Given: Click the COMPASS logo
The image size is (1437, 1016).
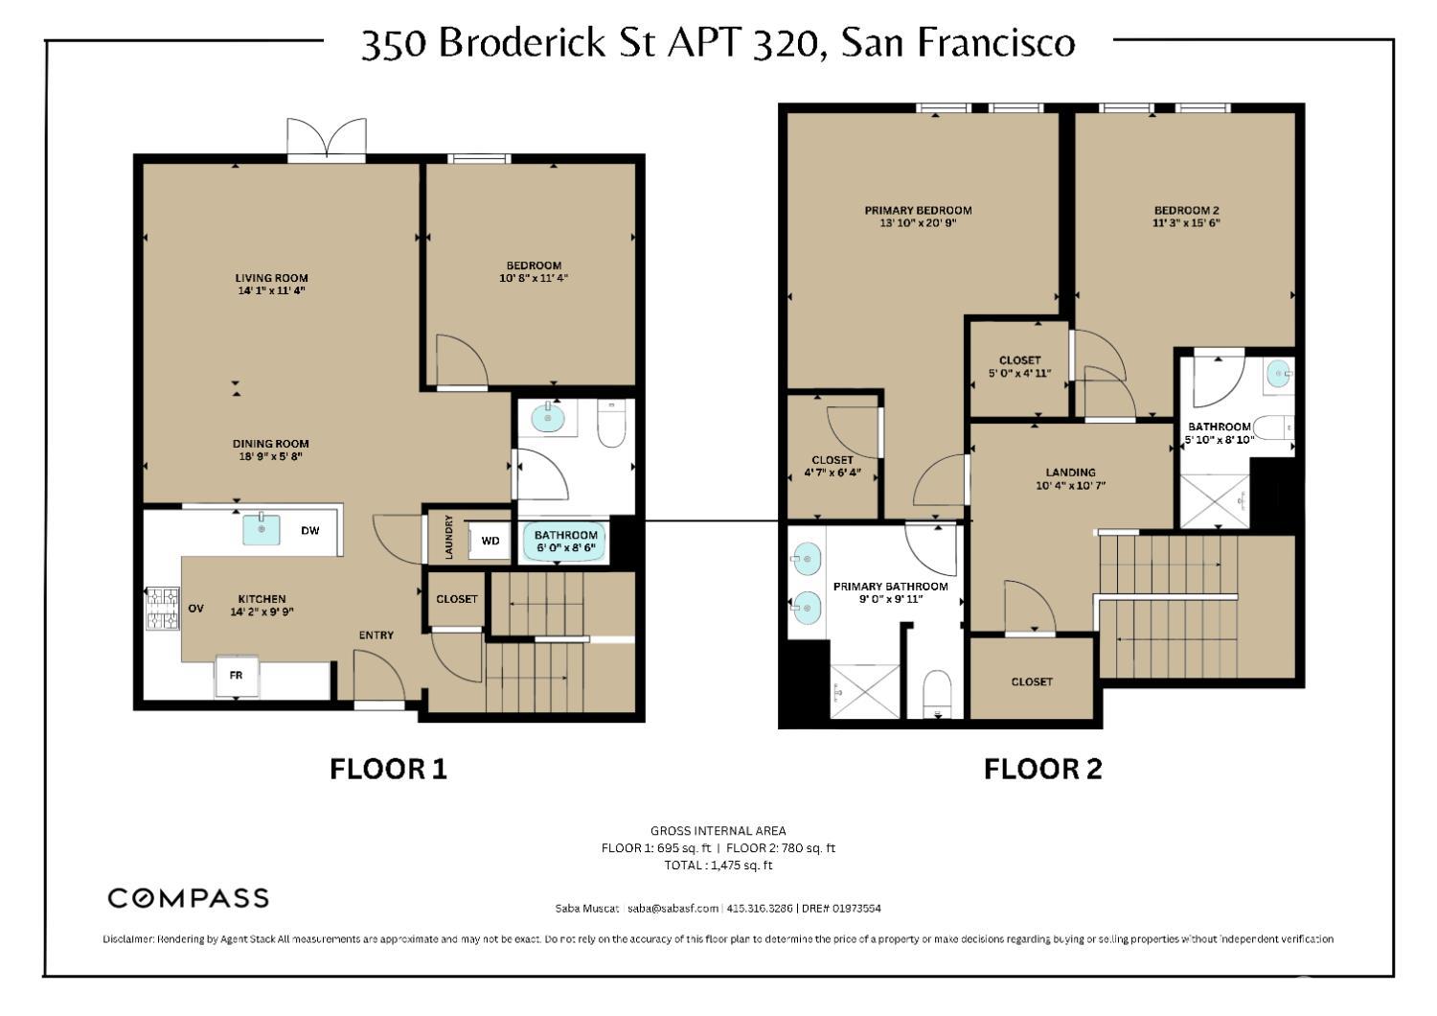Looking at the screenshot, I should pyautogui.click(x=188, y=898).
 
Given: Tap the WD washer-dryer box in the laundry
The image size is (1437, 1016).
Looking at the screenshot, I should pyautogui.click(x=490, y=542).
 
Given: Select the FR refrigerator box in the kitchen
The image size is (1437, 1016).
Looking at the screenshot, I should pyautogui.click(x=236, y=676).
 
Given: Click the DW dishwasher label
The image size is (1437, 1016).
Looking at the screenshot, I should pyautogui.click(x=310, y=530).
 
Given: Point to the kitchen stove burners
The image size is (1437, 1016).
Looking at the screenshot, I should pyautogui.click(x=162, y=609).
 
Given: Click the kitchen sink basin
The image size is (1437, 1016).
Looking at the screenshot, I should pyautogui.click(x=261, y=529).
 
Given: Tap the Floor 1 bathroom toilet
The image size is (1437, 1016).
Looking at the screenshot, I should pyautogui.click(x=611, y=424).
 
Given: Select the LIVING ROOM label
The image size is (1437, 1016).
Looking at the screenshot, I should pyautogui.click(x=271, y=278).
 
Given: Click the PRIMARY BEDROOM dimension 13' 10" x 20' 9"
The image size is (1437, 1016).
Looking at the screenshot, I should pyautogui.click(x=918, y=223).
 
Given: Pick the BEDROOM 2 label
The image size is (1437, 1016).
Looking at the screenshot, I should pyautogui.click(x=1186, y=210).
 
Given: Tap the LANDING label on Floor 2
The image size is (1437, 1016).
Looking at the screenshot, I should pyautogui.click(x=1070, y=472).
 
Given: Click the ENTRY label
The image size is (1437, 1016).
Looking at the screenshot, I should pyautogui.click(x=376, y=635).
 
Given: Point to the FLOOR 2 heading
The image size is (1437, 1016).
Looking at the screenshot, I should pyautogui.click(x=1042, y=769).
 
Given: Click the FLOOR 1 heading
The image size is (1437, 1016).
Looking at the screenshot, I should pyautogui.click(x=388, y=769).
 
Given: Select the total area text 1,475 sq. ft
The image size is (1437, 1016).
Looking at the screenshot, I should pyautogui.click(x=718, y=866).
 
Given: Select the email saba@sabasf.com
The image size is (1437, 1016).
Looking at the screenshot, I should pyautogui.click(x=673, y=909).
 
